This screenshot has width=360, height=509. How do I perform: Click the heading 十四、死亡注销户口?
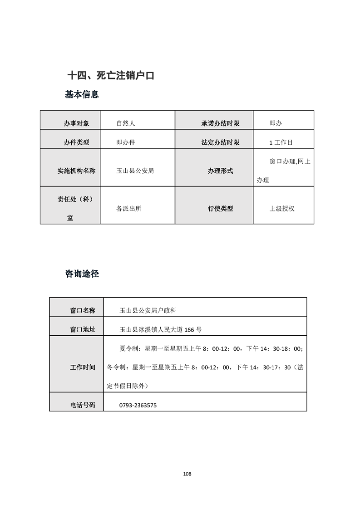(111, 76)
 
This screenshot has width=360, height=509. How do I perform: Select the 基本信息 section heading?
(82, 95)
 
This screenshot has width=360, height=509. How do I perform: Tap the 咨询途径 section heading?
(82, 274)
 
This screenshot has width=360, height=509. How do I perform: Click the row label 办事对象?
(76, 123)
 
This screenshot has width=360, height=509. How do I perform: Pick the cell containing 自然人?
(126, 123)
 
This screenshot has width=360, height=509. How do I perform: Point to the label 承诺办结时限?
(220, 123)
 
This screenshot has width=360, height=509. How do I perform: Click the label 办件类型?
(76, 142)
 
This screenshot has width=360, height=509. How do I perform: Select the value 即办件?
(126, 142)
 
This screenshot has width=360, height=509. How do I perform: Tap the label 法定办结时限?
(220, 142)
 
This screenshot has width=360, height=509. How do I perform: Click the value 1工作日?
(281, 142)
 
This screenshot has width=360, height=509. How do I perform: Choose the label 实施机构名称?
(76, 171)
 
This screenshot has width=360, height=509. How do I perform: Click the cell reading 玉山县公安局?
(135, 171)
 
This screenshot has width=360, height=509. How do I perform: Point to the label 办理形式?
(220, 171)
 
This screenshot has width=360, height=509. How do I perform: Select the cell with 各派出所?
(129, 209)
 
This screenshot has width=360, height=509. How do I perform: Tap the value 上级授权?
(282, 209)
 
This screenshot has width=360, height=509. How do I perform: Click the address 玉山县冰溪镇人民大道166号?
(160, 329)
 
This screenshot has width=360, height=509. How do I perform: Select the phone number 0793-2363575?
(138, 405)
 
